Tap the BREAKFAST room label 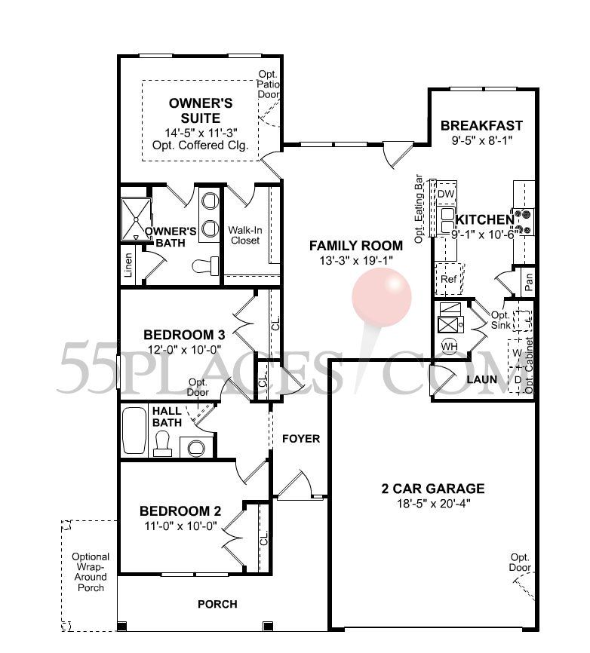(481, 125)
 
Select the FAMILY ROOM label (356, 245)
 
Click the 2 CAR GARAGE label (432, 488)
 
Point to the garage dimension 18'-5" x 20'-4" (432, 503)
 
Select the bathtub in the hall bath (136, 430)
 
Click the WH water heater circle (450, 346)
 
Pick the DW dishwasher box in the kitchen (446, 194)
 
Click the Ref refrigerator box (449, 279)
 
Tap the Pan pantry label (529, 282)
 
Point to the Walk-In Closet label (245, 235)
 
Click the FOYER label (301, 438)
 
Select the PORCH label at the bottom (217, 604)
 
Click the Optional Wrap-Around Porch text (91, 572)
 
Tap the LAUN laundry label (481, 379)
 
